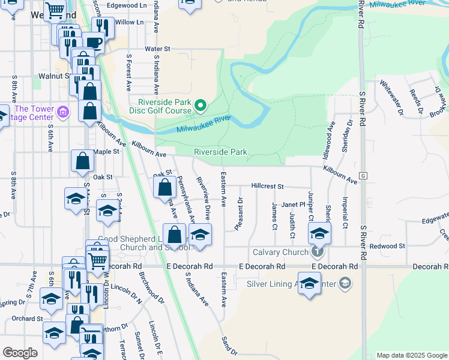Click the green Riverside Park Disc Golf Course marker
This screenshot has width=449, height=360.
coord(200,107)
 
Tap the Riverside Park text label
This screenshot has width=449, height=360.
coord(220,152)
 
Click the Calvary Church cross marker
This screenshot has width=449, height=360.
coord(318,251)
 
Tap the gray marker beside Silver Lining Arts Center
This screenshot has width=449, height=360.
coord(345,283)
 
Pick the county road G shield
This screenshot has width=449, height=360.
coord(363,175)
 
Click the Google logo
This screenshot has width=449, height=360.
coord(20,352)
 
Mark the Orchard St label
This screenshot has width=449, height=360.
coord(27,319)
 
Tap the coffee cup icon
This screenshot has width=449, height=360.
coord(93,42)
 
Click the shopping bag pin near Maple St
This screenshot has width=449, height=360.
coord(82,161)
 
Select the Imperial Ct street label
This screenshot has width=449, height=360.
coord(345,212)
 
